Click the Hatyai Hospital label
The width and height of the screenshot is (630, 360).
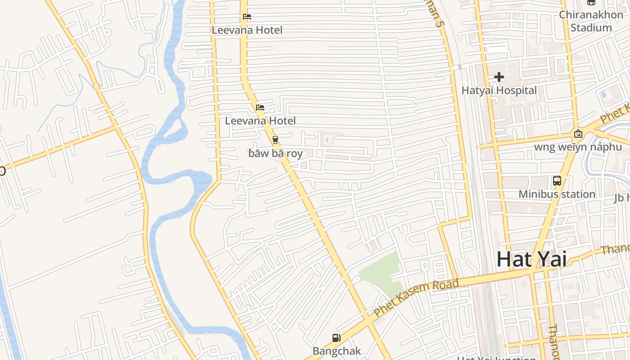point(499,90)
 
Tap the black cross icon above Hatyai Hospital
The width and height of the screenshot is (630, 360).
point(499,77)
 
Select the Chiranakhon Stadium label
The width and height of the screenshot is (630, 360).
point(591,21)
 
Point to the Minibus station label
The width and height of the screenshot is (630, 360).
point(557,194)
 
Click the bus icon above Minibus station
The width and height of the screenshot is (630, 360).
point(557,181)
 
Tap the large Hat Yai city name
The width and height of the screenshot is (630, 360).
point(531,260)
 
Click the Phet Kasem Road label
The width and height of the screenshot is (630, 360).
point(416,297)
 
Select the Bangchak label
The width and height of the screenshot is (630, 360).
point(337,351)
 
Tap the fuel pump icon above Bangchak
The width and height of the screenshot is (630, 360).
point(336,338)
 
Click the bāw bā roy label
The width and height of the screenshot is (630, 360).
point(275,153)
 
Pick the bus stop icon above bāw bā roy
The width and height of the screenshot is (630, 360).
point(275,139)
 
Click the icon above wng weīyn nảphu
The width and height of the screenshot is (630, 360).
point(578,134)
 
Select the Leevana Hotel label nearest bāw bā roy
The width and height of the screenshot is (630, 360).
point(260,121)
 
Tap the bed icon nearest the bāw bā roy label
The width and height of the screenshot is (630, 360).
point(260,108)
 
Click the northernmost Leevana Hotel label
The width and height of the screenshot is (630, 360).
point(247,30)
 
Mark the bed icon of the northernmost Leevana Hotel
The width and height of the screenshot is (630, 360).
point(247,17)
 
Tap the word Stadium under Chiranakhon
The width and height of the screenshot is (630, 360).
point(591,27)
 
